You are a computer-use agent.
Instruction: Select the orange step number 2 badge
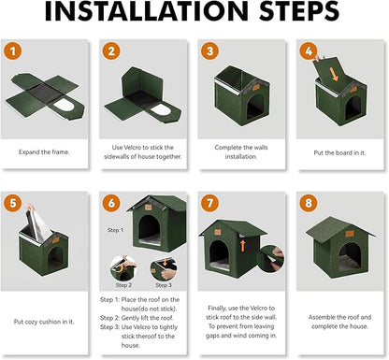point(112,52)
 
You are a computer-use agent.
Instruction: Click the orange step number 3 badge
point(209,52)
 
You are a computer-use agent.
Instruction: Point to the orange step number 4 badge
point(306,52)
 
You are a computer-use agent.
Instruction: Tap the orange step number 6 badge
point(112,202)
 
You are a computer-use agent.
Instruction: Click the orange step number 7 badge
point(209,202)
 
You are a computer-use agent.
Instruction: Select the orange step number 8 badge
point(306,202)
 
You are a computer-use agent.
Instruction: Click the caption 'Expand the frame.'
point(49,150)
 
